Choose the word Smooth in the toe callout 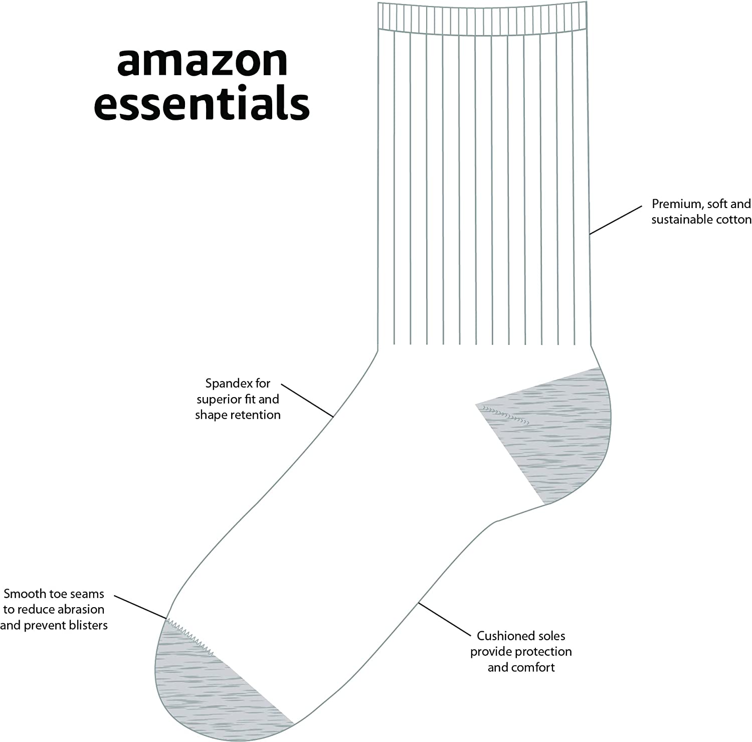tap(25, 594)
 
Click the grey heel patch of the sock tap(556, 441)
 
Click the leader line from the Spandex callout tap(307, 400)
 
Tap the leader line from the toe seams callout tap(140, 607)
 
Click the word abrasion tap(81, 610)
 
